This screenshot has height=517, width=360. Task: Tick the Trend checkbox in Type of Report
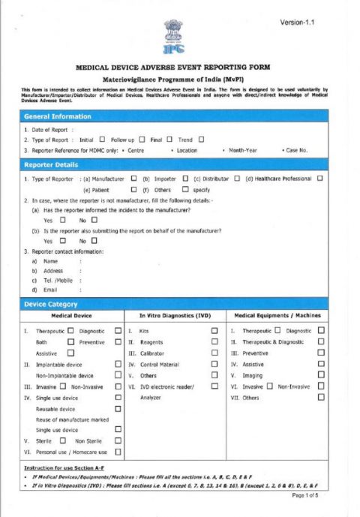tap(202, 140)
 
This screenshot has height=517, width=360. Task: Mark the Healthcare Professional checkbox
tap(319, 179)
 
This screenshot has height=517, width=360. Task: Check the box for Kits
tap(214, 331)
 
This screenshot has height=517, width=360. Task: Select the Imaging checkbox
tap(322, 375)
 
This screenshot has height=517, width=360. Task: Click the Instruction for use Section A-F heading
tap(59, 467)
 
